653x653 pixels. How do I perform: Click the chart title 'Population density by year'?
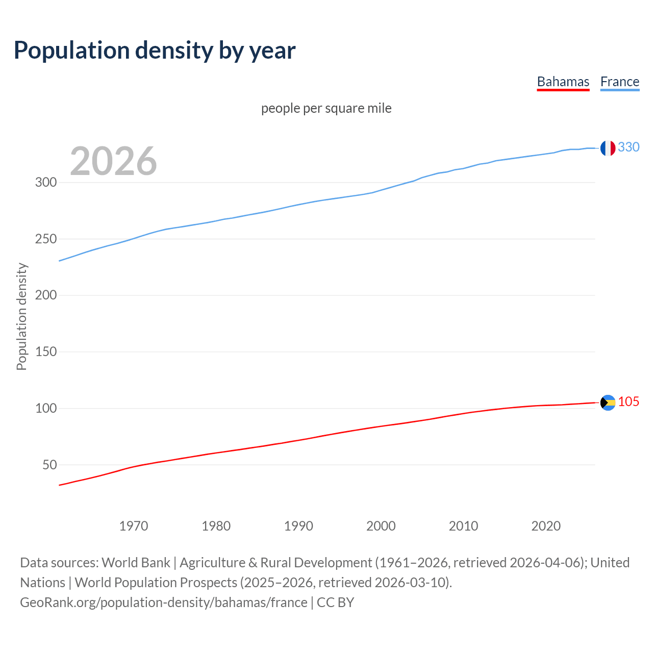pos(155,50)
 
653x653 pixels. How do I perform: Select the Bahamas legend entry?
pos(563,82)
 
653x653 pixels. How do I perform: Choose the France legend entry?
pos(619,82)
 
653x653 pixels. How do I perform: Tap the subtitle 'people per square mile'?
pos(326,108)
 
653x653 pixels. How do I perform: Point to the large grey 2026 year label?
pos(113,161)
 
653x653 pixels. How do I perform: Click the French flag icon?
pos(607,148)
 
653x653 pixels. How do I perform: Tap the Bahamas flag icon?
pos(608,403)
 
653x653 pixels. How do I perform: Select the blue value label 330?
pos(629,147)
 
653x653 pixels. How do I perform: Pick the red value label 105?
pos(629,401)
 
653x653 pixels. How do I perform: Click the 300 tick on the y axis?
pos(45,182)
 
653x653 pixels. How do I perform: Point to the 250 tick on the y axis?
pos(45,239)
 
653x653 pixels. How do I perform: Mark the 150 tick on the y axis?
pos(45,351)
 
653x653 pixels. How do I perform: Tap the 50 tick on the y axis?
pos(49,465)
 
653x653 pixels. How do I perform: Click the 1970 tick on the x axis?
pos(134,525)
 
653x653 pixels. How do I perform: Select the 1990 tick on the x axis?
pos(298,525)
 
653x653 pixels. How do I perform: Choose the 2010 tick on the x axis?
pos(463,525)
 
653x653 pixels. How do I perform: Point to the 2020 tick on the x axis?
pos(546,525)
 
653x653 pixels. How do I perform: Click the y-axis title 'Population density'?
pos(21,316)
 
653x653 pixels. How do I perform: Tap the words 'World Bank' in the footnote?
pos(136,562)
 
